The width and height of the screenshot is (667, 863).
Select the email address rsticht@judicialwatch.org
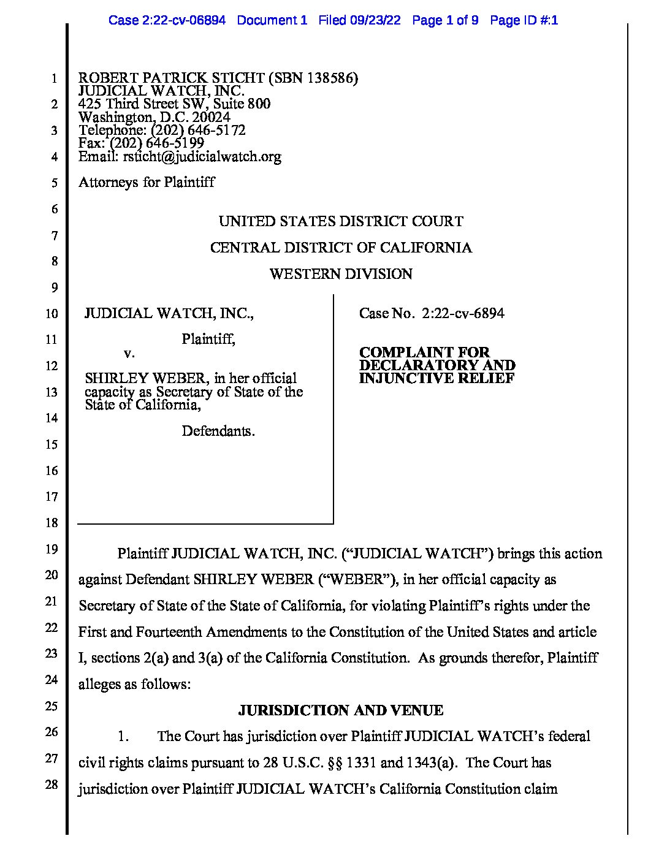pyautogui.click(x=202, y=156)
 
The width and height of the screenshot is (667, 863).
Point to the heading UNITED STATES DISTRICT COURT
pyautogui.click(x=341, y=221)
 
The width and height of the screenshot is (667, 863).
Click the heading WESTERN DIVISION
pyautogui.click(x=341, y=274)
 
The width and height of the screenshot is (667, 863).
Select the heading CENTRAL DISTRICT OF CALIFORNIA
pyautogui.click(x=341, y=248)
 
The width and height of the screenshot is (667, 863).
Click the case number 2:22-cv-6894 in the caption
pyautogui.click(x=463, y=314)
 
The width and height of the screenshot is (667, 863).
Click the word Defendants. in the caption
pyautogui.click(x=218, y=431)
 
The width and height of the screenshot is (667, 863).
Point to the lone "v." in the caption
pyautogui.click(x=129, y=353)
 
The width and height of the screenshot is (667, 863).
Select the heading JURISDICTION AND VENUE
pyautogui.click(x=341, y=710)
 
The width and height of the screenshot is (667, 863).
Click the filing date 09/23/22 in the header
pyautogui.click(x=375, y=20)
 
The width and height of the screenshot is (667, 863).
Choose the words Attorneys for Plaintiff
pyautogui.click(x=147, y=182)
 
